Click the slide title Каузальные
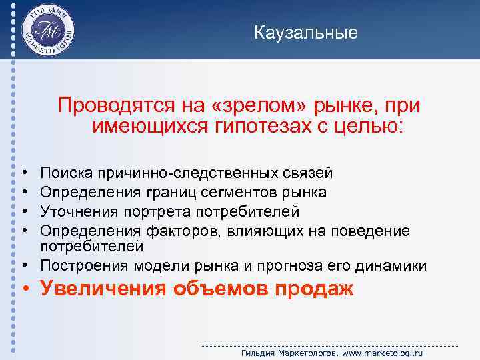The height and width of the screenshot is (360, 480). point(306,33)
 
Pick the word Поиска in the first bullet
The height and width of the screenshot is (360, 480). point(67,174)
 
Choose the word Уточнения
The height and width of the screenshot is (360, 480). point(75,211)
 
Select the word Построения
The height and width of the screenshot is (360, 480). point(79,265)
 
